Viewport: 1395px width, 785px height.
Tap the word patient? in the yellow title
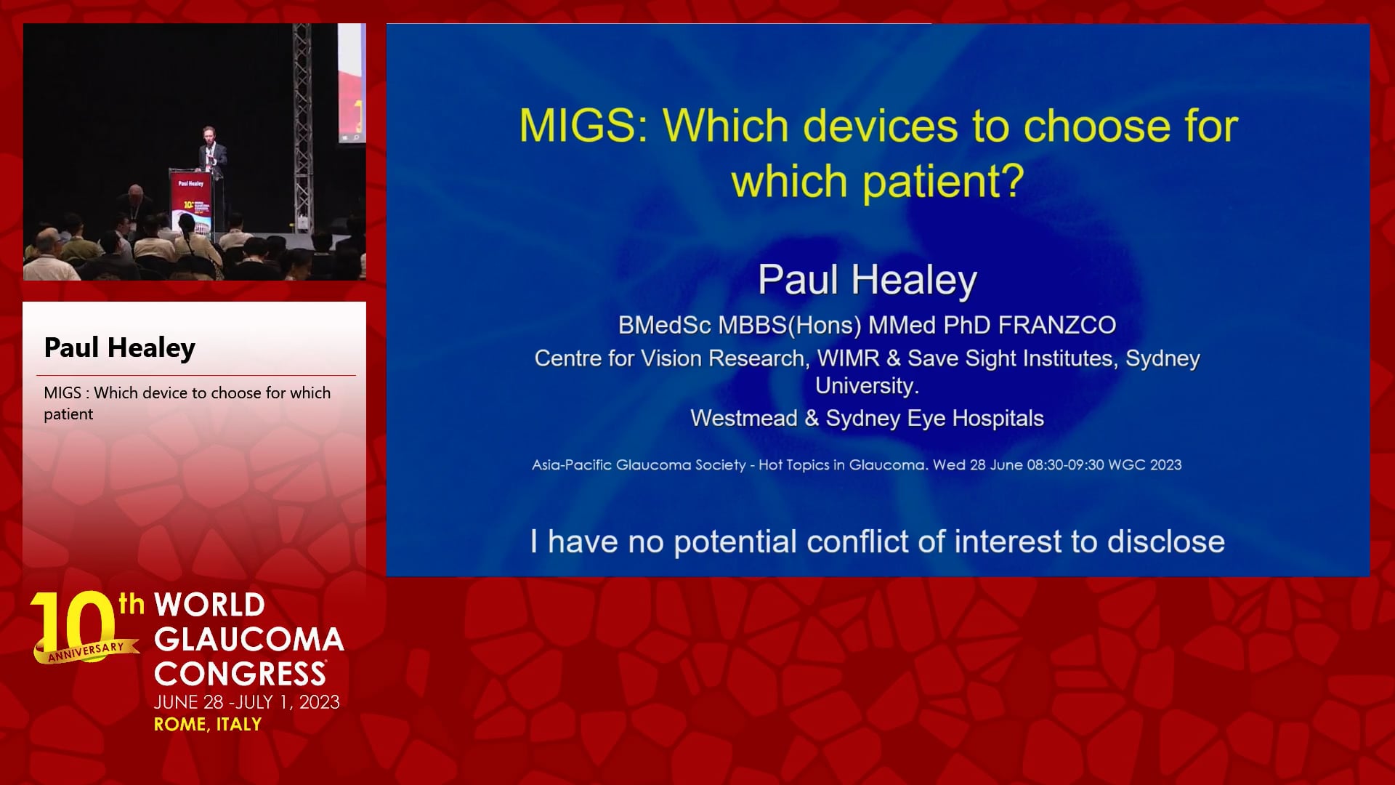942,181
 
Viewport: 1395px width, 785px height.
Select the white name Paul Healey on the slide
868,280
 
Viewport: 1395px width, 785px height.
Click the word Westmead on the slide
744,418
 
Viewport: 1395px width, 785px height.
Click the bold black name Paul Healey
120,347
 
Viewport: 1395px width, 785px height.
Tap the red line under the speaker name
196,375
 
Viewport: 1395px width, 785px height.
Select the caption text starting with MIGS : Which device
187,403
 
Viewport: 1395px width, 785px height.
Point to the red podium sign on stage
190,200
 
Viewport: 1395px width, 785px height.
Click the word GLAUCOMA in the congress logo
249,640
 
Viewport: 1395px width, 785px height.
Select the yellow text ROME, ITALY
208,725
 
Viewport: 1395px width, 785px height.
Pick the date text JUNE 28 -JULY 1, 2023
247,702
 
